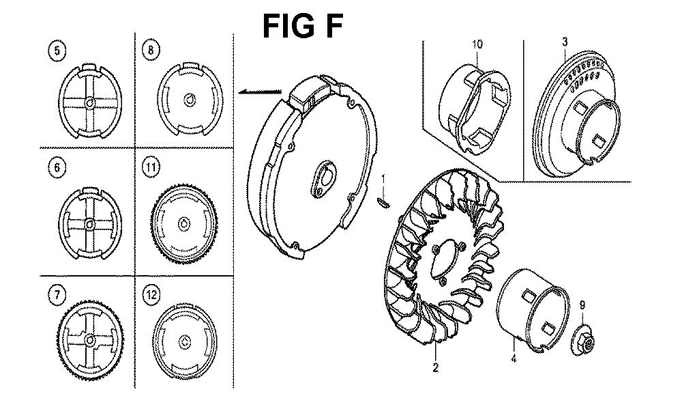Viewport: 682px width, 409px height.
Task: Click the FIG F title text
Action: tap(303, 26)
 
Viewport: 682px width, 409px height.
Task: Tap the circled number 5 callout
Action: tap(57, 51)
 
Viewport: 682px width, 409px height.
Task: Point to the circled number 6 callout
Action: tap(57, 167)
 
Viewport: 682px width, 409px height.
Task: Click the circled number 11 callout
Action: tap(151, 168)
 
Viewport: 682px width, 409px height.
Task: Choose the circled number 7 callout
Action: tap(57, 296)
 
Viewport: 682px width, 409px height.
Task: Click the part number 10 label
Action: tap(477, 44)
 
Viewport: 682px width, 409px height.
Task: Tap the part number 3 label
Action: tap(565, 42)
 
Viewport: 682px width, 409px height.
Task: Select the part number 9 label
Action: tap(582, 305)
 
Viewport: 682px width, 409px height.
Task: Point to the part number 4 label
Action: tap(514, 359)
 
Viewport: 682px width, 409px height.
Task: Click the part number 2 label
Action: tap(435, 368)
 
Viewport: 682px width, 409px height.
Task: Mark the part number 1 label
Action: tap(383, 179)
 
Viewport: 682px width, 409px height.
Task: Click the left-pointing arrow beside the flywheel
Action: tap(261, 91)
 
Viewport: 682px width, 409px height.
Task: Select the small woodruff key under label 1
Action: tap(382, 201)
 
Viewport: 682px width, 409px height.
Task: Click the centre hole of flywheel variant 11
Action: tap(184, 223)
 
